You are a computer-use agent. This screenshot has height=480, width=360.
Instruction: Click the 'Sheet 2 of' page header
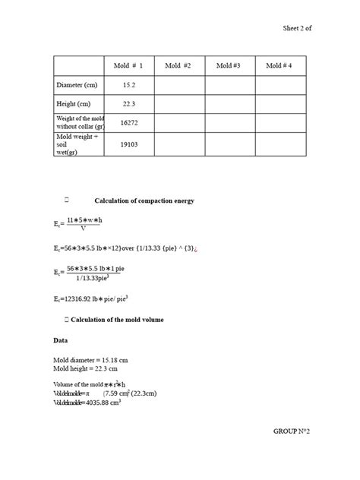click(x=297, y=28)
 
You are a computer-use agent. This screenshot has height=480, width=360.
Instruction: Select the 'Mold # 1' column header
click(x=128, y=66)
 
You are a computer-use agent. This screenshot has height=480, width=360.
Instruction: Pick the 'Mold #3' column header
click(x=229, y=66)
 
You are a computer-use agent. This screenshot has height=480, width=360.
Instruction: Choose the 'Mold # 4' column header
click(x=279, y=66)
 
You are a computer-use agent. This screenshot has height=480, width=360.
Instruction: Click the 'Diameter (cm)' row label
click(x=77, y=85)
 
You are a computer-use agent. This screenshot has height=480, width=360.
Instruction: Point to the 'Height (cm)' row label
click(x=73, y=104)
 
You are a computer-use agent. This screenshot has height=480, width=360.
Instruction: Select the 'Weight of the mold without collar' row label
click(x=79, y=122)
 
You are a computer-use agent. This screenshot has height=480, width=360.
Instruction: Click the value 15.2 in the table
click(x=128, y=85)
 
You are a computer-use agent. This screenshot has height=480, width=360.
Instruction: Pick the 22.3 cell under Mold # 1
click(x=128, y=104)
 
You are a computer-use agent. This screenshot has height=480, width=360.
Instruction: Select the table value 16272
click(x=128, y=122)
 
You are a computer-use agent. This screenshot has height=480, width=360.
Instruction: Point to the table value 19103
click(x=128, y=144)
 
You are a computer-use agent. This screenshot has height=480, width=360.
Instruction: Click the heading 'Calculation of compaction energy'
click(x=144, y=201)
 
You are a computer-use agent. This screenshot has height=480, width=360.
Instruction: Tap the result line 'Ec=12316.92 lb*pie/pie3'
click(x=96, y=299)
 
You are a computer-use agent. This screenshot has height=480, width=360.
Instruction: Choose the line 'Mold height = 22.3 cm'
click(x=86, y=370)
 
